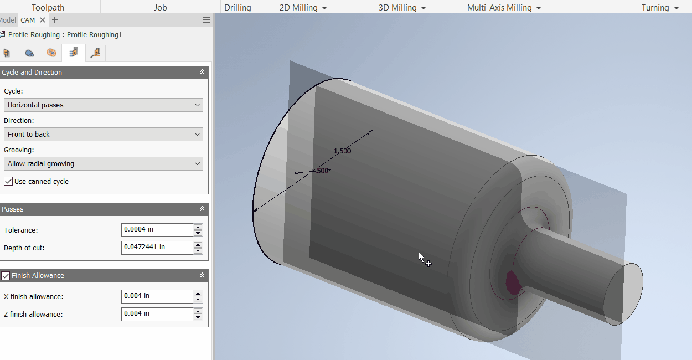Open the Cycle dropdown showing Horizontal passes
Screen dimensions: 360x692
(x=103, y=105)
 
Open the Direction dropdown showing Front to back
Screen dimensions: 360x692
(x=103, y=135)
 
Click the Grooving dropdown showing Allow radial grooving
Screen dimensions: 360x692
(x=103, y=164)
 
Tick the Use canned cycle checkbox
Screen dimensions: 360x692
(x=8, y=182)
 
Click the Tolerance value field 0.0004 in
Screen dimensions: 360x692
(x=157, y=230)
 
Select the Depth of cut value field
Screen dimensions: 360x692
(x=157, y=248)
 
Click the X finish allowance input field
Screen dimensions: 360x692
(x=157, y=296)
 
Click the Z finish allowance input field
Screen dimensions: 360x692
(x=157, y=314)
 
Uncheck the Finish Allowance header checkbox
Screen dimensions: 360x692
(x=6, y=276)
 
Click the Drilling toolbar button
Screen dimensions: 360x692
(x=237, y=8)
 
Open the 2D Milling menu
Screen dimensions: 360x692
(x=303, y=8)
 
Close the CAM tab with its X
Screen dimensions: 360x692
(x=43, y=20)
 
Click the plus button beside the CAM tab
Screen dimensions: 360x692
(x=55, y=20)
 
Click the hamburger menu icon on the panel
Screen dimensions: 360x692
(x=206, y=20)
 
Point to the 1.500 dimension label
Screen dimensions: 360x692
(x=342, y=151)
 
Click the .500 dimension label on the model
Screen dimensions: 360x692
(x=321, y=171)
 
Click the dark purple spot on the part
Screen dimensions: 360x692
(x=514, y=282)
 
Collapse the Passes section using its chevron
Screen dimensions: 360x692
(x=202, y=209)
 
